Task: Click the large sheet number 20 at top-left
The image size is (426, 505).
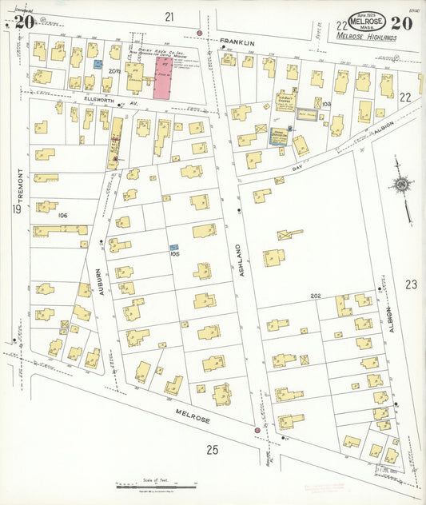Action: (24, 22)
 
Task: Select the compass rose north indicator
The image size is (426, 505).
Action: (401, 185)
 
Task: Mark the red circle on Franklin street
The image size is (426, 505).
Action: (199, 33)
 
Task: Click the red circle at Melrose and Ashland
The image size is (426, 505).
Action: (257, 430)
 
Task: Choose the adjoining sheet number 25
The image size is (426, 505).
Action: (212, 450)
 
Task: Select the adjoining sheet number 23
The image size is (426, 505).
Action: (411, 284)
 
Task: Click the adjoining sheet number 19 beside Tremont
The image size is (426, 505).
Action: (16, 209)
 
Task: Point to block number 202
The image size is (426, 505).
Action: (316, 296)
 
